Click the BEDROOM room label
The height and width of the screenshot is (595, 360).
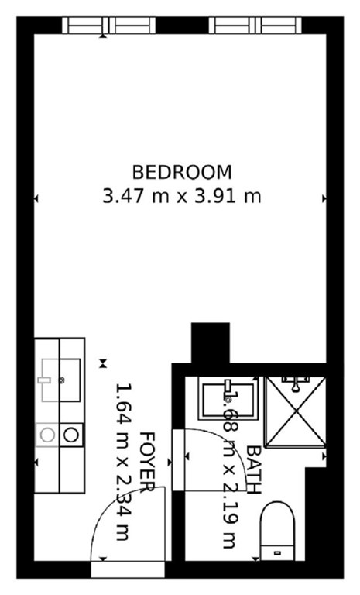[x=182, y=173]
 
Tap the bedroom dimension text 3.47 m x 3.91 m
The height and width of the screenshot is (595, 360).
[x=182, y=197]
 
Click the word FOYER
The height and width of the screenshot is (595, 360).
[x=148, y=463]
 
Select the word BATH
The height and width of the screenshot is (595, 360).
[x=254, y=469]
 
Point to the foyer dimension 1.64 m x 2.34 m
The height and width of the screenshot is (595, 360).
[x=123, y=462]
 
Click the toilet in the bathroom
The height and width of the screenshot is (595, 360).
[x=277, y=531]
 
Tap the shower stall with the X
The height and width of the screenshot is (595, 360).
[x=296, y=411]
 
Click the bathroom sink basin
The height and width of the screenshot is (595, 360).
[x=228, y=400]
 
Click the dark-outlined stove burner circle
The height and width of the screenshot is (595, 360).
[x=71, y=435]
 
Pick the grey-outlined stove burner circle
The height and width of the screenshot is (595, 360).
[x=47, y=435]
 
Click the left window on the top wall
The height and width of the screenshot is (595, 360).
[x=109, y=26]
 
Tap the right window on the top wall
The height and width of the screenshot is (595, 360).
[x=255, y=26]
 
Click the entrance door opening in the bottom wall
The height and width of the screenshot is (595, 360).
[x=128, y=569]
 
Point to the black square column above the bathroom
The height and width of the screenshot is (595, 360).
[x=211, y=343]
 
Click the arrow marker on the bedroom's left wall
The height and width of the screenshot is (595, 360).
[x=36, y=198]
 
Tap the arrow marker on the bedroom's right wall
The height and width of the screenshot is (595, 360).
[x=324, y=198]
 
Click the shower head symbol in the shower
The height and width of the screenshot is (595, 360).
[x=296, y=384]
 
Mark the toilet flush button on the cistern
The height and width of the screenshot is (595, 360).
[x=278, y=553]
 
